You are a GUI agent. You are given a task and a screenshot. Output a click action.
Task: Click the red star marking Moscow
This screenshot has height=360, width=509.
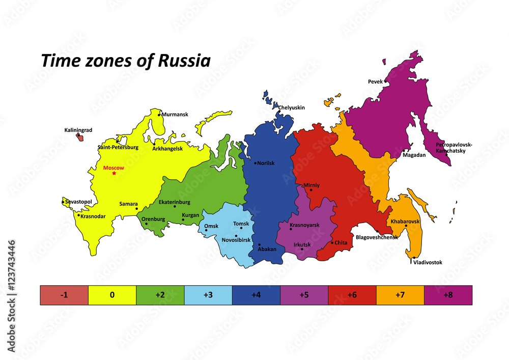[x=114, y=174]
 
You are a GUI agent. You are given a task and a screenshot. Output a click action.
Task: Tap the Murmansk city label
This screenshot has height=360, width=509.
[x=175, y=115]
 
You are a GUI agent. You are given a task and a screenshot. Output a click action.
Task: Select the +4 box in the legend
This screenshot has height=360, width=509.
[x=256, y=295]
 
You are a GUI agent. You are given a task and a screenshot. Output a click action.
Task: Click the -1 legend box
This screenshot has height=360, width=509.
[x=64, y=295]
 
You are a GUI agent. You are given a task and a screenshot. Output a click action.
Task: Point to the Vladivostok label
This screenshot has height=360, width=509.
[x=428, y=263]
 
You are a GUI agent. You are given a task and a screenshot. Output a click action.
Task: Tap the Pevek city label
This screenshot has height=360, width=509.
[x=376, y=81]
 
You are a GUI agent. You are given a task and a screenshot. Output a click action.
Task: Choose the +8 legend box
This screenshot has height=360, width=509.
[x=448, y=295]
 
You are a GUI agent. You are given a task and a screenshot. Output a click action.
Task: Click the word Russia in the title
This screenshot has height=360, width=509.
[x=184, y=61]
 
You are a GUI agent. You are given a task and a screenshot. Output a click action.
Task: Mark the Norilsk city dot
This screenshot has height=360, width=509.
[x=256, y=163]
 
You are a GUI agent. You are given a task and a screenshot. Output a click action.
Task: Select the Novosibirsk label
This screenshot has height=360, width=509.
[x=236, y=240]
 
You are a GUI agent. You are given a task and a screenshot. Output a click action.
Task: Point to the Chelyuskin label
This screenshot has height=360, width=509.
[x=291, y=107]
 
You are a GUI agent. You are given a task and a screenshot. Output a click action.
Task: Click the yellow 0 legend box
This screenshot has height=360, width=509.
[x=112, y=295]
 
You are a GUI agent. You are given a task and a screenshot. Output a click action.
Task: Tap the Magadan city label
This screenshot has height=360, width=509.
[x=414, y=155]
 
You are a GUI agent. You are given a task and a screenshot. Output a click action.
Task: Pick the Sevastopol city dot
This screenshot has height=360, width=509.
[x=63, y=202]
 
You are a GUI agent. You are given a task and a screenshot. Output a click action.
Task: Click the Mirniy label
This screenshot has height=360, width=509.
[x=311, y=185]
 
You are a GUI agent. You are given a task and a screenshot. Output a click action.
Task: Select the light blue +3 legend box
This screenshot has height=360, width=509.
[x=208, y=295]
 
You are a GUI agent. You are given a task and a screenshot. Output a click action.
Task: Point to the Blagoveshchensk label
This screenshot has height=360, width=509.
[x=377, y=237]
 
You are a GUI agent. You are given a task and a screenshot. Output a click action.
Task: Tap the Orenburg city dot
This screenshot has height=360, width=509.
[x=146, y=224]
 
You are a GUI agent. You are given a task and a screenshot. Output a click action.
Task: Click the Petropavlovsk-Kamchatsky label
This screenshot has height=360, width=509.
[x=454, y=148]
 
